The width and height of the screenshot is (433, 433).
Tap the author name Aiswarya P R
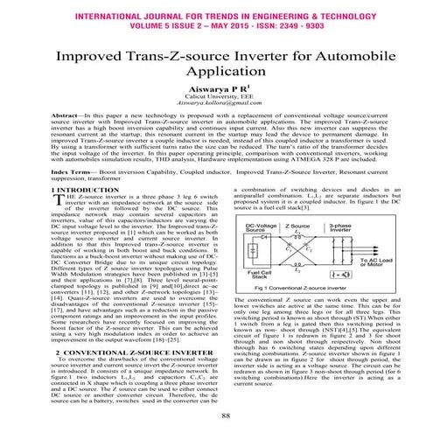click(215, 98)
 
